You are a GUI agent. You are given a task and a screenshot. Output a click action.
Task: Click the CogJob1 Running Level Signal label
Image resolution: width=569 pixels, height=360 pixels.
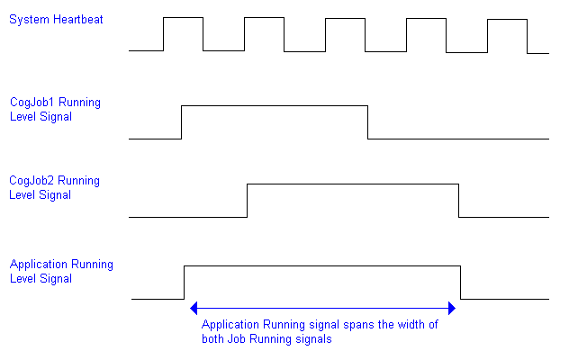[x=55, y=109]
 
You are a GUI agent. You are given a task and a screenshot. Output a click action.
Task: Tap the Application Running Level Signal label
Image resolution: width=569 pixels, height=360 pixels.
[x=61, y=271]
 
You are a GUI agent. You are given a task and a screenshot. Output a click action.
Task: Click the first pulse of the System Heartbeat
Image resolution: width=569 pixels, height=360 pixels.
[x=183, y=33]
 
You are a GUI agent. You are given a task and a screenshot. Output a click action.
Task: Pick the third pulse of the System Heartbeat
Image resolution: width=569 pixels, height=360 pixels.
[x=345, y=33]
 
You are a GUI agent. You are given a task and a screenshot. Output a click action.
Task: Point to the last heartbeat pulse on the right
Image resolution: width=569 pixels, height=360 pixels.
[x=507, y=34]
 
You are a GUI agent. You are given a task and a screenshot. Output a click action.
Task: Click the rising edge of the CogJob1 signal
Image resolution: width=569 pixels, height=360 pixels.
[x=182, y=122]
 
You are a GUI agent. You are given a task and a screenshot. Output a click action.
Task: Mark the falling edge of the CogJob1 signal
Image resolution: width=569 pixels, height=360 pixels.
[x=368, y=122]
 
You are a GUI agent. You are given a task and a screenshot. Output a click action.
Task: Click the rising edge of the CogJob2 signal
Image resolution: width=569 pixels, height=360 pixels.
[x=248, y=200]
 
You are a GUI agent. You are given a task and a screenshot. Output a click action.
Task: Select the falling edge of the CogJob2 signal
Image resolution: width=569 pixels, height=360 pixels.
[x=459, y=200]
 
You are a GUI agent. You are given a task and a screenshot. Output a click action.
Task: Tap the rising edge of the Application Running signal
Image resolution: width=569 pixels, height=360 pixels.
[x=185, y=282]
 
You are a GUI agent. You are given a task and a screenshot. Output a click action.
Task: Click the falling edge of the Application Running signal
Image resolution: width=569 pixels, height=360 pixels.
[x=461, y=282]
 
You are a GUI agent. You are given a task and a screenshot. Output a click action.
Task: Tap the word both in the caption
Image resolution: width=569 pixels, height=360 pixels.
[x=214, y=339]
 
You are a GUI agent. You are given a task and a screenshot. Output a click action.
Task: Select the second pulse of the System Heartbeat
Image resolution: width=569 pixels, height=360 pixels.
[x=264, y=33]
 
